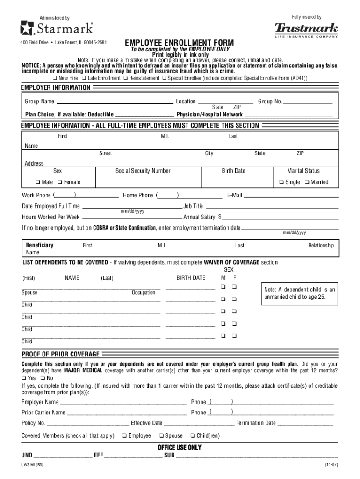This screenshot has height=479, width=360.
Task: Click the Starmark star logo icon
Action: coord(27,29)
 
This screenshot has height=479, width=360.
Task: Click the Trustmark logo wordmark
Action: coord(306,28)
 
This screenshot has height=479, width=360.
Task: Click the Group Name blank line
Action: coord(115,102)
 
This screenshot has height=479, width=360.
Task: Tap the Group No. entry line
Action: coord(308,102)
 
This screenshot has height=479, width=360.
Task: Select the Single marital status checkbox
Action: coord(281,182)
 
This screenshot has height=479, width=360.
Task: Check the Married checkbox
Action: coord(306,182)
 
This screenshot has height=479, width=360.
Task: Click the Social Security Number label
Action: coord(143,171)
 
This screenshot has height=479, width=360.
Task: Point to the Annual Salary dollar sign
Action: coord(220,217)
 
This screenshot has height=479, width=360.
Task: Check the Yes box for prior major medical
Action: coord(24,378)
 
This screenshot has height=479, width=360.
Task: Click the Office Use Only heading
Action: coord(180,448)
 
